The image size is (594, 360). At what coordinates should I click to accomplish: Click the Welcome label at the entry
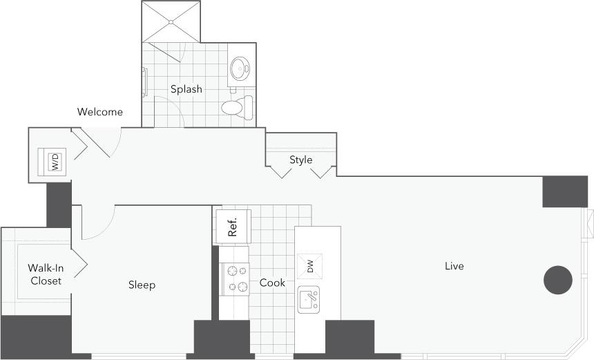coord(100,112)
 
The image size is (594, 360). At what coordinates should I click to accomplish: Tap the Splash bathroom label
coord(186,89)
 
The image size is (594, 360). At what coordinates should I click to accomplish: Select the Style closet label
coord(300,160)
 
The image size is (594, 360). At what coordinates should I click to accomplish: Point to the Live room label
coord(454,266)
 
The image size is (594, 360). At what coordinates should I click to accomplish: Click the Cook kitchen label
coord(272,283)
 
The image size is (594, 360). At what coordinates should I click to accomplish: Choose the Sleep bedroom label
coord(142,285)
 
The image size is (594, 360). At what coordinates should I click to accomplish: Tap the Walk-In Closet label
coord(46,274)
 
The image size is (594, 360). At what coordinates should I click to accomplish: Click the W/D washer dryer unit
coord(54,162)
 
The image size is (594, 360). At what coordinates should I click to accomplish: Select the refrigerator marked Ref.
coord(233,227)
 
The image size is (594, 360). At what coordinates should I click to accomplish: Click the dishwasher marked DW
coord(310,266)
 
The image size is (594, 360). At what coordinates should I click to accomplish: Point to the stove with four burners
coord(234,278)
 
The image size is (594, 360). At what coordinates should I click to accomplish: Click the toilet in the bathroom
coord(237,108)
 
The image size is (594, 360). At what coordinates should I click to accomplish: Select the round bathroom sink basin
coord(240,68)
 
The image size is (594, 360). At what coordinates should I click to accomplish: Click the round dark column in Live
coord(558,280)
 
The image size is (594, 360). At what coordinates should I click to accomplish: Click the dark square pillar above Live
coord(564,191)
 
